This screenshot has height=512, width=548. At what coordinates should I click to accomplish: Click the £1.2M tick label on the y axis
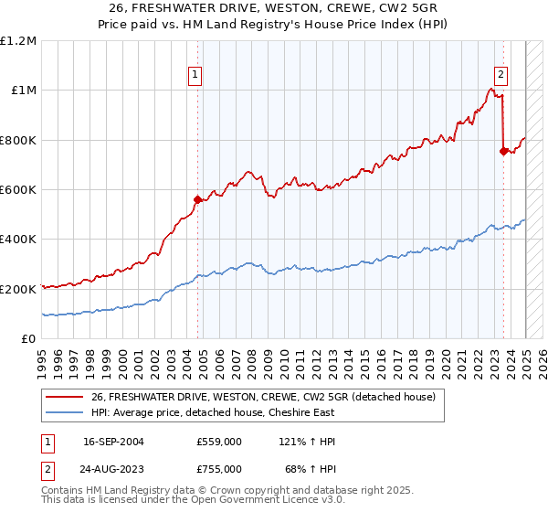tap(18, 41)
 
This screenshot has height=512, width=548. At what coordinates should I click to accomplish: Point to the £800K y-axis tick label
tap(18, 140)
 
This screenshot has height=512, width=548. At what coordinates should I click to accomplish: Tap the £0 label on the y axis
tap(29, 338)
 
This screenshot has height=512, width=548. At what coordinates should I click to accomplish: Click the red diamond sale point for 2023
tap(503, 152)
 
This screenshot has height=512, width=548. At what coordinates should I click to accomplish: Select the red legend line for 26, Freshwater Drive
tap(65, 397)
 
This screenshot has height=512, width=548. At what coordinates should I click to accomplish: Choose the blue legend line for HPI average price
tap(65, 412)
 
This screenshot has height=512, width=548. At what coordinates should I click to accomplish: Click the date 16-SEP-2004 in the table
tap(113, 442)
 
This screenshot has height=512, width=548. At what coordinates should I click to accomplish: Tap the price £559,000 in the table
tap(219, 442)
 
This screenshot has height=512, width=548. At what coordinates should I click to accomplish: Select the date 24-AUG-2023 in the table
tap(113, 468)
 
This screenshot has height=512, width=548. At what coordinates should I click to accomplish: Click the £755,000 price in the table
tap(219, 468)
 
